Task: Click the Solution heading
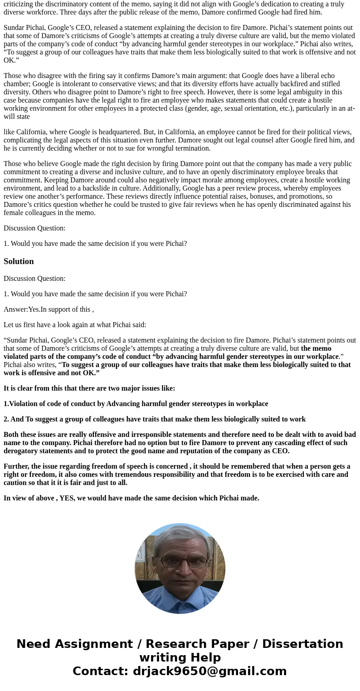click(x=19, y=261)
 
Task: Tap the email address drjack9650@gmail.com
click(x=209, y=671)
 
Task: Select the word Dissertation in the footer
click(x=302, y=644)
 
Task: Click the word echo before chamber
click(x=328, y=76)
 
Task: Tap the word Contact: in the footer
click(x=100, y=671)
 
